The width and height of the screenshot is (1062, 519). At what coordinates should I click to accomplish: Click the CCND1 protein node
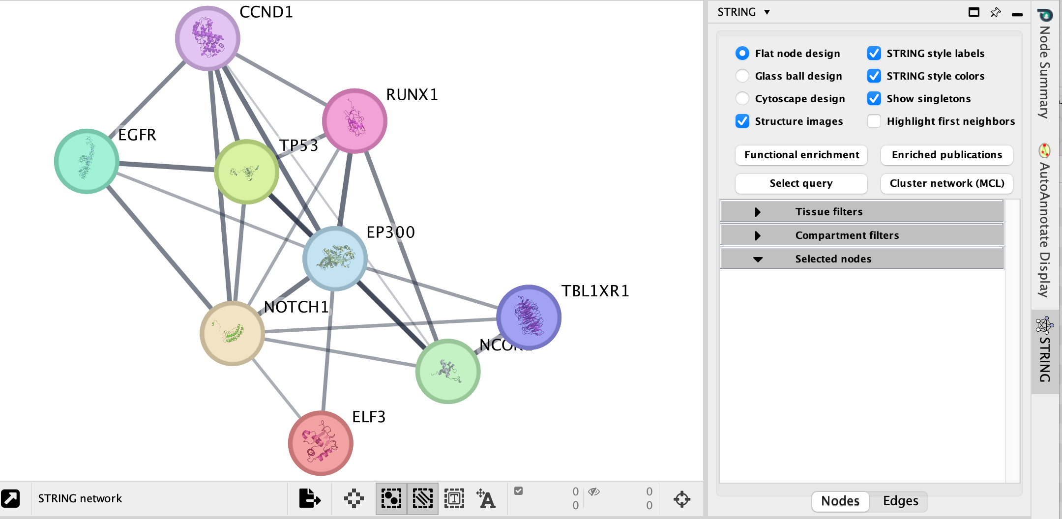[207, 38]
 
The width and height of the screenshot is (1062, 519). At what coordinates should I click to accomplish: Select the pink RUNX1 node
[354, 120]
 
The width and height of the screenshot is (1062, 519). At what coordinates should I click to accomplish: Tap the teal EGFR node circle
[87, 161]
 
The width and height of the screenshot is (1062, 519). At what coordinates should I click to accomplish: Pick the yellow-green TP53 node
[246, 172]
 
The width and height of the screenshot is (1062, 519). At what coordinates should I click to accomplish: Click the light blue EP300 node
[335, 259]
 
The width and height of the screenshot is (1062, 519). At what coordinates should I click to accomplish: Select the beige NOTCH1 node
[232, 333]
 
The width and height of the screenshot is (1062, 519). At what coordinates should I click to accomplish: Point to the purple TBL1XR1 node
[529, 317]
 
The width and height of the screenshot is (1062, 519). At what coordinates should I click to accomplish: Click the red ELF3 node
[321, 443]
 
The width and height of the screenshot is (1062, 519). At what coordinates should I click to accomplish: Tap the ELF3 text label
[368, 417]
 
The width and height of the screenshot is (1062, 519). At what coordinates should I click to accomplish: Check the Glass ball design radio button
[742, 76]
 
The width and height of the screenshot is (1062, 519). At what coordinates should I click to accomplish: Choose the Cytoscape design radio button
[742, 99]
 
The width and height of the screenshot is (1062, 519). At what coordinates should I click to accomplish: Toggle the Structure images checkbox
[742, 121]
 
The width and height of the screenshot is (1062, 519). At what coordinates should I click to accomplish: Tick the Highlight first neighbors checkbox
[874, 121]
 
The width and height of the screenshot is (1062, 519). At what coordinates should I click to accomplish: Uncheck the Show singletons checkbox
[874, 99]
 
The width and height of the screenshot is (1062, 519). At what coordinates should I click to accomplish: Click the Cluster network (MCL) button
[946, 183]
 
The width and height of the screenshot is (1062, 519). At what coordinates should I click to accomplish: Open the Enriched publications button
[946, 155]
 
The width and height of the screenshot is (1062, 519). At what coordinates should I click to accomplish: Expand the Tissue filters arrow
[758, 212]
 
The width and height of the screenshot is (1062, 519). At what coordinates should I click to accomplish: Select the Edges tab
[900, 501]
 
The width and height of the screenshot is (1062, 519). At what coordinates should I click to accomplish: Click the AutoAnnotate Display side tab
[1045, 221]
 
